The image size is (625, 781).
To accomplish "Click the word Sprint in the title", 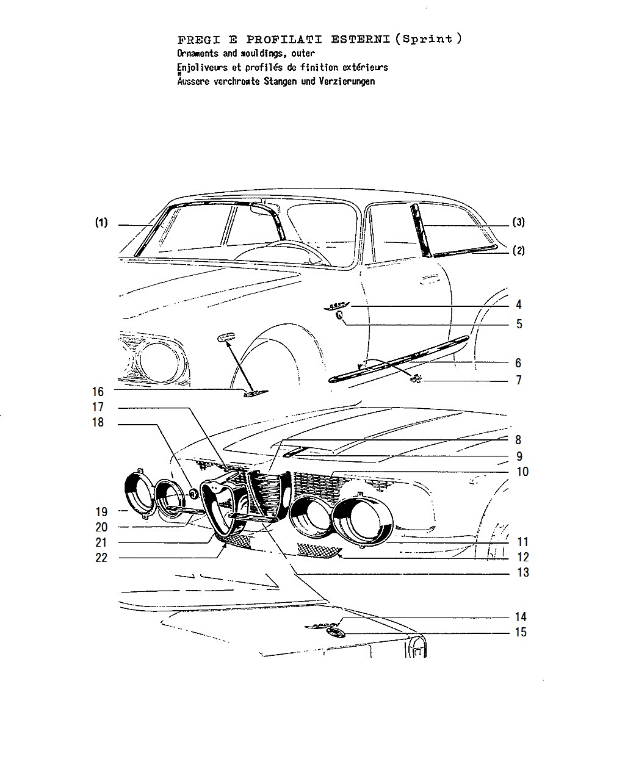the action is point(427,39).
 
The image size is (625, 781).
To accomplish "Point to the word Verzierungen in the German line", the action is point(347,81).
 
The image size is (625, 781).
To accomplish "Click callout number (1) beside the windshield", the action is point(101,222).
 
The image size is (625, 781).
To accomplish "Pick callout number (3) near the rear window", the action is point(518,221).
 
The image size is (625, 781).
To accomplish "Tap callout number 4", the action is point(519,304).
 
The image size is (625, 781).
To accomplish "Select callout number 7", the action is point(519,380).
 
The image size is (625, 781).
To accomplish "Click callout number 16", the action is point(98,392).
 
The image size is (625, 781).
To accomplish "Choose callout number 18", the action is point(98,422).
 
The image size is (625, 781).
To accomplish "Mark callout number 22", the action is point(101,558).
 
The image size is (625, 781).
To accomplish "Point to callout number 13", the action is point(523,572).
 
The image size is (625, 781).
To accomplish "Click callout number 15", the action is point(521,632).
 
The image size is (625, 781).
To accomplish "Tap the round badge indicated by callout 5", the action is point(339,315).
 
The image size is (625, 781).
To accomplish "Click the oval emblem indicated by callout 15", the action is point(333,632).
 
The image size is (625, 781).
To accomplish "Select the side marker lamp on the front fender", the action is point(225,337).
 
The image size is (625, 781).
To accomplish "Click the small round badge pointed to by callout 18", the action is point(194,493).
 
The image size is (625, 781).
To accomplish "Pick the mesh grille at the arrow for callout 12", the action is point(319,550).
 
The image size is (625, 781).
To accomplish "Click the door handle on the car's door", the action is point(431,278).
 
